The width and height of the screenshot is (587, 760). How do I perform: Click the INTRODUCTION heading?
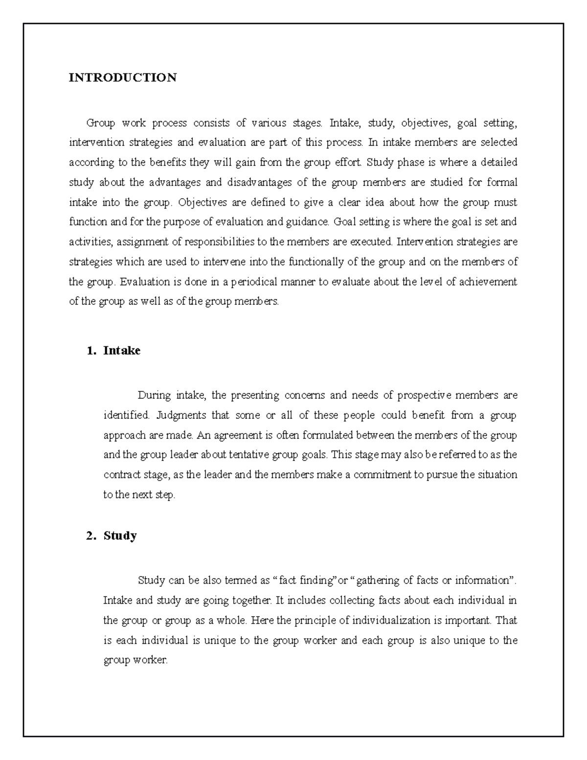pos(122,78)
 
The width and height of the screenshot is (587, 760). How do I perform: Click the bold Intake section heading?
pos(122,350)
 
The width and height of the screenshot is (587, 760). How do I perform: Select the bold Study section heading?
pos(120,535)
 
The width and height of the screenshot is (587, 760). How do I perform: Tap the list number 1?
pos(89,350)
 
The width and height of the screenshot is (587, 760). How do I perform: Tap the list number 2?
pos(89,535)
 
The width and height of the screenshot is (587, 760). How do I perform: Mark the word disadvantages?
pos(259,183)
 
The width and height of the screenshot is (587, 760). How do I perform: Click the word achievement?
pos(488,282)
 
